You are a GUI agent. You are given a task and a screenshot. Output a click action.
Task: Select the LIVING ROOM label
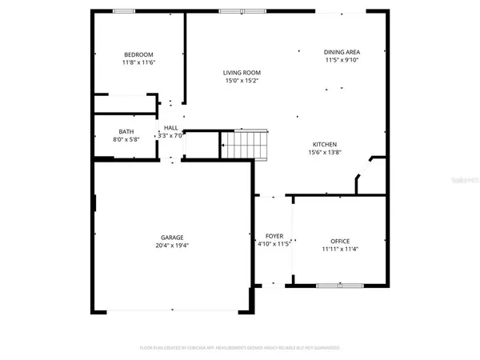[241, 73]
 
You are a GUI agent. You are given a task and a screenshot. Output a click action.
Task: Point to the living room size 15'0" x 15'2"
[241, 81]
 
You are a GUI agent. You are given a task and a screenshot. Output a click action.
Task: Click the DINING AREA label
[342, 52]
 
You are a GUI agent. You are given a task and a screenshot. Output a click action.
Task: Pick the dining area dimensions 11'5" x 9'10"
[342, 60]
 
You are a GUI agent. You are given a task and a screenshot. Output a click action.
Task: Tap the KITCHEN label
[324, 144]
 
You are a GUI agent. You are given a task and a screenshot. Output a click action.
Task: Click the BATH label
[126, 131]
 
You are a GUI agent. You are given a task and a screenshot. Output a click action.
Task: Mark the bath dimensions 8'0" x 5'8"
[126, 139]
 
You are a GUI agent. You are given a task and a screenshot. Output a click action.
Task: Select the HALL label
[171, 127]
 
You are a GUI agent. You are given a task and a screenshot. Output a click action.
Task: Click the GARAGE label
[172, 237]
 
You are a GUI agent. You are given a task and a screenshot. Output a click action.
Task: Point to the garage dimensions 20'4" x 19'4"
[172, 245]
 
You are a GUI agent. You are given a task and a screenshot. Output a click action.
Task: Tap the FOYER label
[274, 236]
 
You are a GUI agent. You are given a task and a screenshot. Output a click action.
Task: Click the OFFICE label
[340, 241]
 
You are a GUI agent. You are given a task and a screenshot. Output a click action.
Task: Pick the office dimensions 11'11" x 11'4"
[340, 249]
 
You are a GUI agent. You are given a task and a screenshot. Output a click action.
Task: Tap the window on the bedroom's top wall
[124, 10]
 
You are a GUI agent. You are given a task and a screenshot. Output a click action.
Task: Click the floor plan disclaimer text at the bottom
[240, 348]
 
